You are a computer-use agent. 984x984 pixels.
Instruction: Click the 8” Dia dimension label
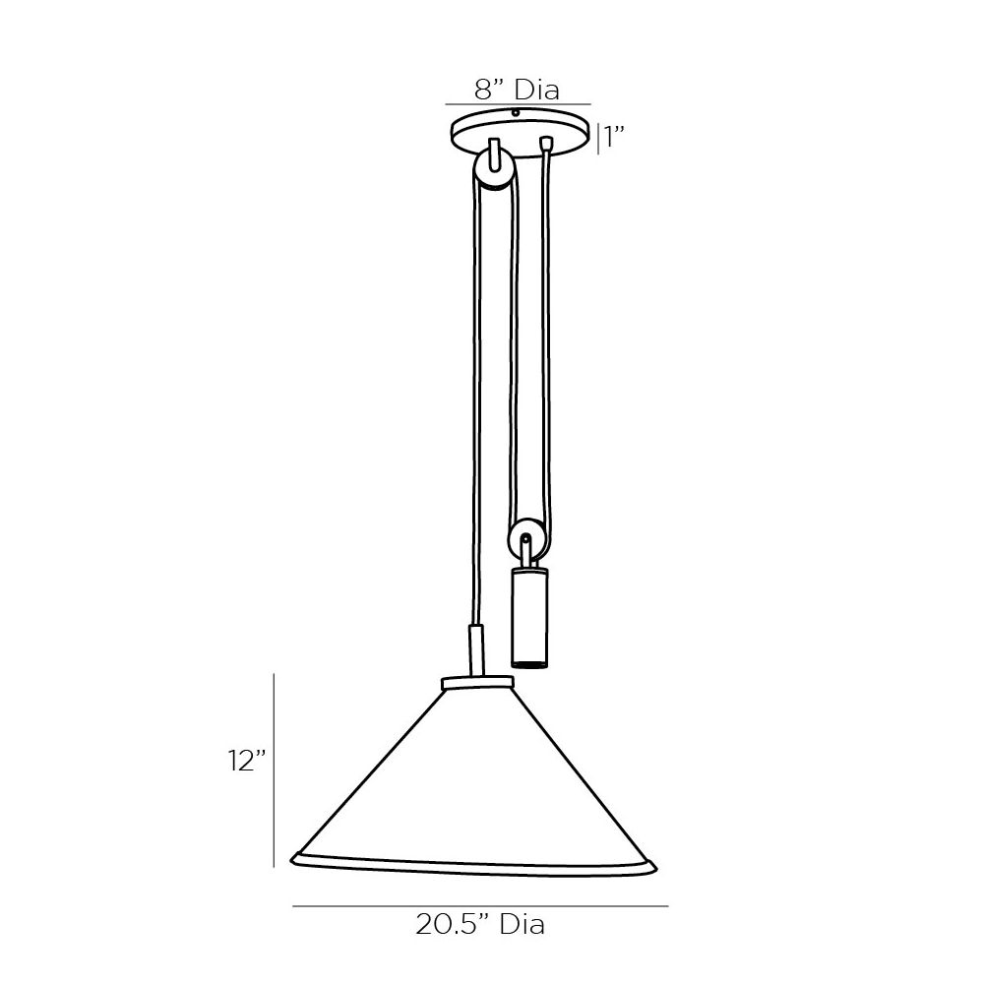coord(517,90)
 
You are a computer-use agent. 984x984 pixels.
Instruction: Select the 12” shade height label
coord(247,762)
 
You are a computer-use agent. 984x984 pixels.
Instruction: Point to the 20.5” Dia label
coord(480,924)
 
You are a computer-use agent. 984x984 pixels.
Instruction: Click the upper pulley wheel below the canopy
coord(495,170)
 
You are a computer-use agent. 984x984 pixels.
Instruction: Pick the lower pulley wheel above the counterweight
coord(525,538)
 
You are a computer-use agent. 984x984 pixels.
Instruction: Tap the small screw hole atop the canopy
coord(516,113)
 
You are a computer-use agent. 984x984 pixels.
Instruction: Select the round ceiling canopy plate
coord(522,133)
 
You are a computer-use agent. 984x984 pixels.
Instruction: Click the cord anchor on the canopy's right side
coord(546,143)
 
